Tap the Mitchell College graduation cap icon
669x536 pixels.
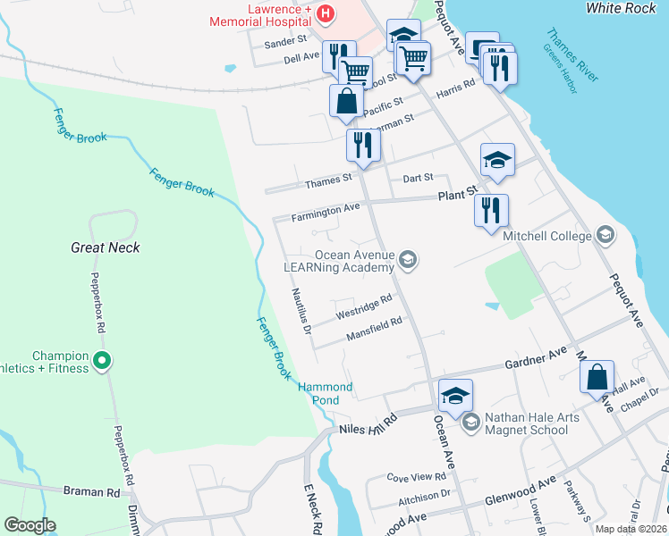click(x=605, y=235)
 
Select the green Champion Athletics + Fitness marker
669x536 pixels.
click(x=102, y=361)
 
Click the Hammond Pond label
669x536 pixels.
click(x=325, y=393)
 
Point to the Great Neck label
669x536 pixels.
click(x=106, y=247)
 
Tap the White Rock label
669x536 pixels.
click(x=622, y=8)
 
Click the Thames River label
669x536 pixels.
click(x=572, y=55)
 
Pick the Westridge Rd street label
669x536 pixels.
click(x=364, y=308)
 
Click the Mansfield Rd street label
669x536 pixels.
click(x=374, y=330)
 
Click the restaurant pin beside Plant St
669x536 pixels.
click(x=491, y=211)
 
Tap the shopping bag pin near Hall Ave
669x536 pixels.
click(x=597, y=377)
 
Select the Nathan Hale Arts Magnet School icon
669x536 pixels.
click(x=472, y=423)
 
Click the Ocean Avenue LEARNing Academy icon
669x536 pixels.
click(x=408, y=260)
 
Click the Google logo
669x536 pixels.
click(x=30, y=525)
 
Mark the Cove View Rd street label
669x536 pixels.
click(x=416, y=478)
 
